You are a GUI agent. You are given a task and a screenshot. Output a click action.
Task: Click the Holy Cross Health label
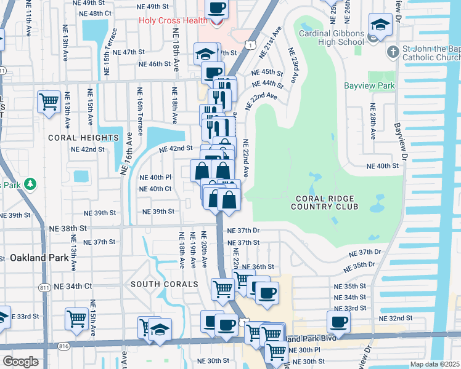coord(173,20)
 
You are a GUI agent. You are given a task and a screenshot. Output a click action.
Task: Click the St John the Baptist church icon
coord(393,52)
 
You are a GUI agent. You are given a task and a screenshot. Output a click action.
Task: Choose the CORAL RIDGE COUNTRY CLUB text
coord(327,202)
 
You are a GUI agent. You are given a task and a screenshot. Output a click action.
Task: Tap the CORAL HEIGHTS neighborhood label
coord(83,138)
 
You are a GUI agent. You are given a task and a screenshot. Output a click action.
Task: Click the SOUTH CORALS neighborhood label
coord(164,284)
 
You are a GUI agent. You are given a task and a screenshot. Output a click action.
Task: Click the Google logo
coord(20,362)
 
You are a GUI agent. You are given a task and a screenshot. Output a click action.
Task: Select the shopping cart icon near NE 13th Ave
coord(49,101)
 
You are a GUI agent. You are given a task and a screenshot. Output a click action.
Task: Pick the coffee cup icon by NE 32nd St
coord(338,321)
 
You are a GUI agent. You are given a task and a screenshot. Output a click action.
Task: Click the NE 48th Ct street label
coord(99,13)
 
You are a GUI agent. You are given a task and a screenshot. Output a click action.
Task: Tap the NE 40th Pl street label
coord(155,177)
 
